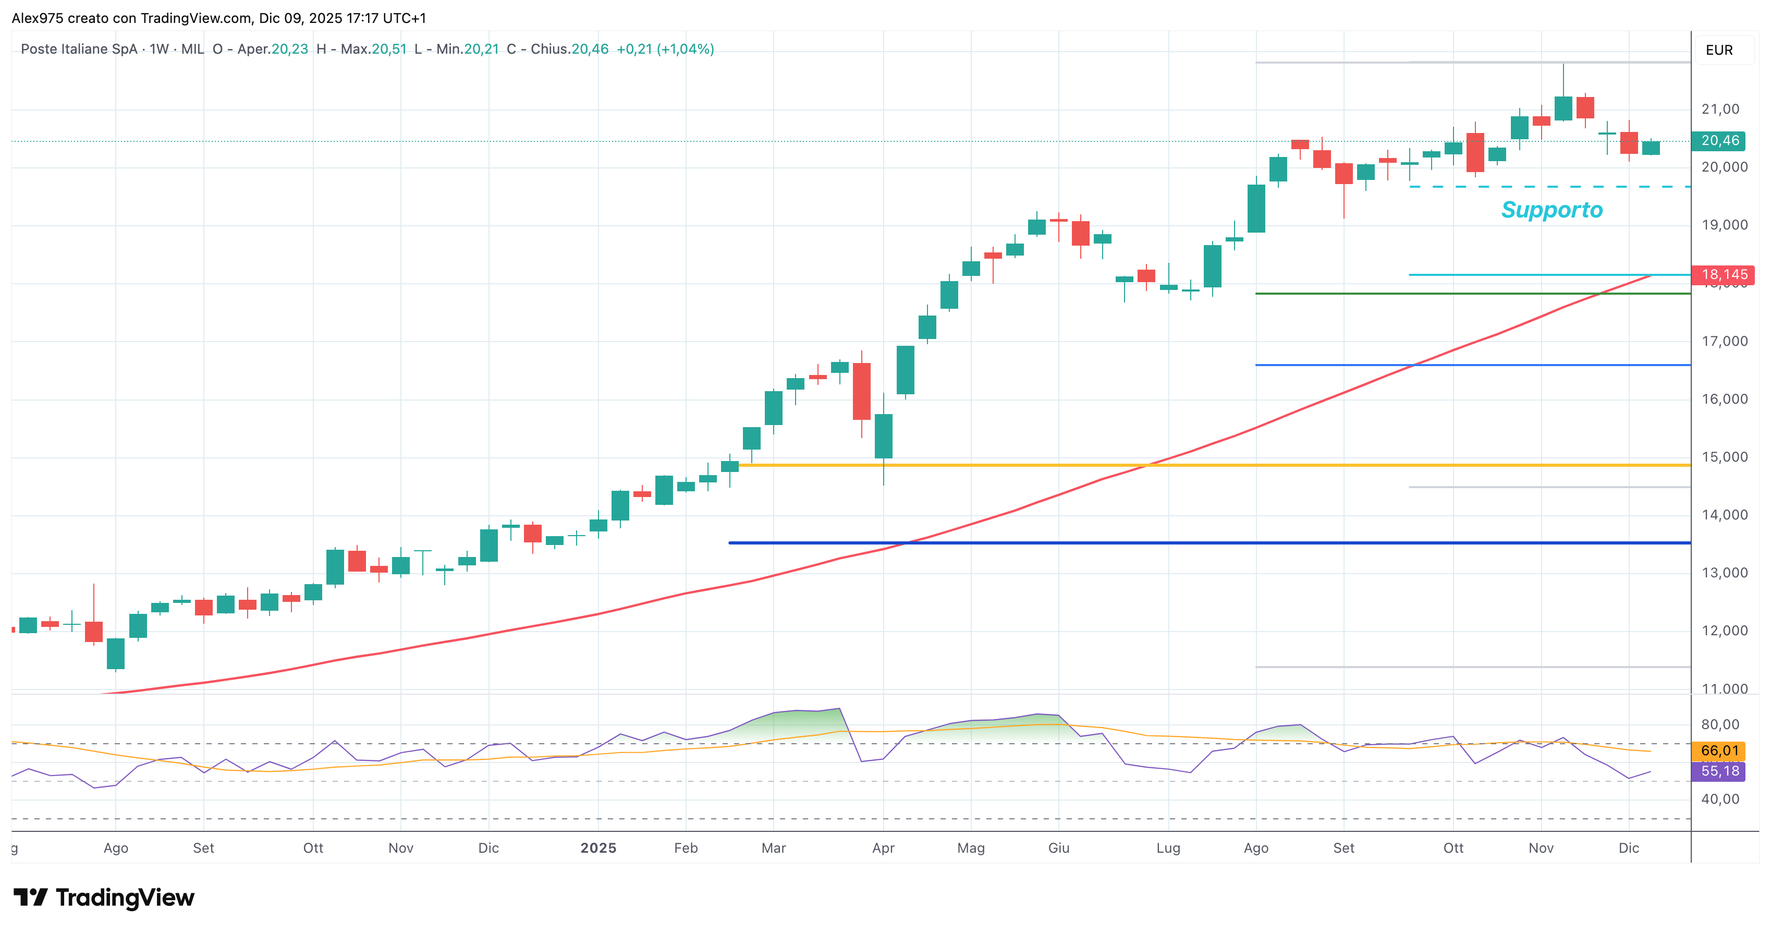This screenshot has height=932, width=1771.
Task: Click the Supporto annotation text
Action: pyautogui.click(x=1552, y=210)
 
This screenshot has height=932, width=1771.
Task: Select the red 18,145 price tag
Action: pyautogui.click(x=1723, y=274)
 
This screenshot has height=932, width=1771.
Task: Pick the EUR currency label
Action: pyautogui.click(x=1719, y=50)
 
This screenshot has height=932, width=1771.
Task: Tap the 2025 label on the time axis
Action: pyautogui.click(x=598, y=848)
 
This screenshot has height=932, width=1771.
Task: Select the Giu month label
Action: pyautogui.click(x=1059, y=848)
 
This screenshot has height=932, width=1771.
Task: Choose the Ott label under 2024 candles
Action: pyautogui.click(x=313, y=848)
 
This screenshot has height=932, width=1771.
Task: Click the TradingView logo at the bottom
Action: pyautogui.click(x=104, y=898)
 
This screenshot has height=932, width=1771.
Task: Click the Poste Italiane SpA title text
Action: pyautogui.click(x=79, y=49)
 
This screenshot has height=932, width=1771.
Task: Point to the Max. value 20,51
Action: pyautogui.click(x=389, y=49)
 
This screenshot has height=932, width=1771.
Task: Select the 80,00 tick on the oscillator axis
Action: pyautogui.click(x=1720, y=724)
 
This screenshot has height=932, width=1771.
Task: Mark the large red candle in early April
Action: pyautogui.click(x=861, y=391)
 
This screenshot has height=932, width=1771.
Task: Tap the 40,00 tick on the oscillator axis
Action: pyautogui.click(x=1720, y=799)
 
